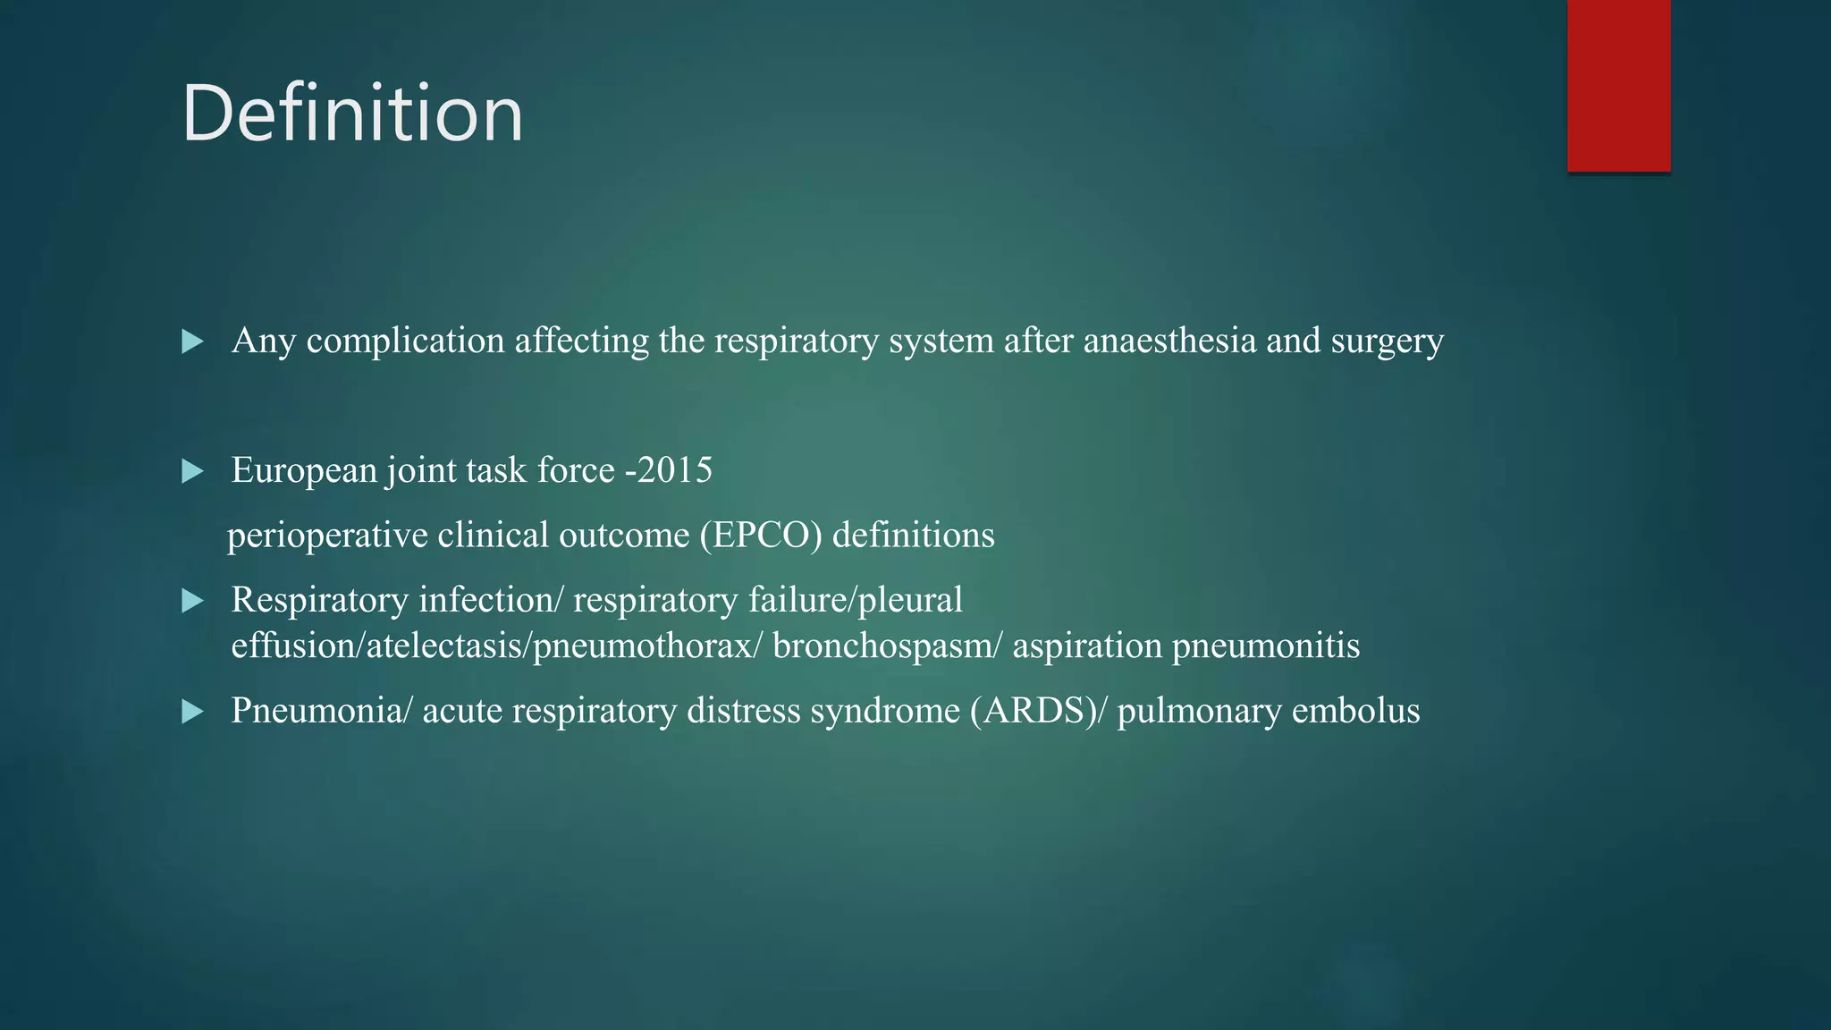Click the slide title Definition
click(352, 114)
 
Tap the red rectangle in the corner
click(1618, 85)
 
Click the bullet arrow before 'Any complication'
click(192, 341)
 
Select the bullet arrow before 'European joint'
click(192, 471)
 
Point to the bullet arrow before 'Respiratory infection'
click(192, 600)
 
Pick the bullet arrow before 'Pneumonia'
click(192, 712)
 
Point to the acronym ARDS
click(1034, 711)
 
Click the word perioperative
click(327, 536)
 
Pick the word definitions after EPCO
click(913, 535)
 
